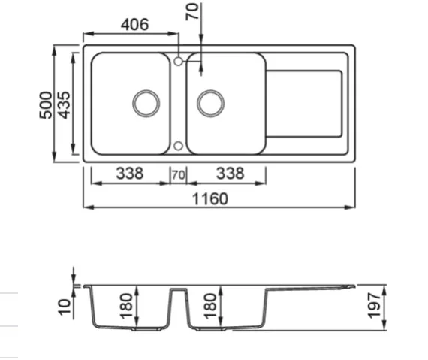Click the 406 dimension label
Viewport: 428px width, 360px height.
(135, 24)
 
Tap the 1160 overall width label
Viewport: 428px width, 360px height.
(210, 199)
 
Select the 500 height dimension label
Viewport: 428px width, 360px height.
(46, 105)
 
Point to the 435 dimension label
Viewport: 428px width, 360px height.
(64, 105)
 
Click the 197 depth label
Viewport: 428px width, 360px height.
(374, 306)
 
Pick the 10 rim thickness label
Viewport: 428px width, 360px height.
(65, 307)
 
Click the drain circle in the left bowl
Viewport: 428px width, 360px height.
(146, 104)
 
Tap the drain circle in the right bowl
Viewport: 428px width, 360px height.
(211, 104)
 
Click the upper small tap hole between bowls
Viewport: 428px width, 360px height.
(178, 62)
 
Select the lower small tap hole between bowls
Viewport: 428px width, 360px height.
(178, 146)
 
